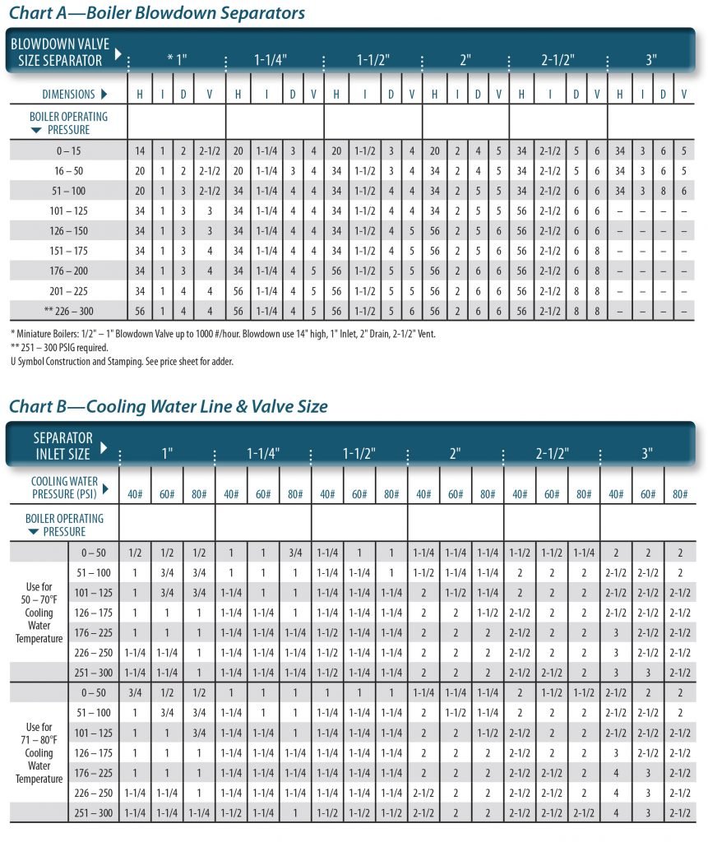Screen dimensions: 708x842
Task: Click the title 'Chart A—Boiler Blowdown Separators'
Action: coord(157,12)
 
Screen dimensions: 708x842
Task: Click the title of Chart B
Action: coord(168,406)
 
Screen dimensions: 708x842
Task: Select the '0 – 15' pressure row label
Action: coord(68,151)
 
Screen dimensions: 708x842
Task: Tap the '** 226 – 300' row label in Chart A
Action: coord(68,311)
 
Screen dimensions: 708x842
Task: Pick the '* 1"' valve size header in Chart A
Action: coord(178,59)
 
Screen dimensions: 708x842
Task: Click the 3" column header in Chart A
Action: coord(651,59)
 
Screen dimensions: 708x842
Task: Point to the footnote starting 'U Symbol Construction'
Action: coord(122,362)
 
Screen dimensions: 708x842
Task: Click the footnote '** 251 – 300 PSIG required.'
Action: coord(59,348)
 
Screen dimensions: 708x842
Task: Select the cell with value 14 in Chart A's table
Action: coord(140,151)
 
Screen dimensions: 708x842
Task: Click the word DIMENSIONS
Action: coord(68,95)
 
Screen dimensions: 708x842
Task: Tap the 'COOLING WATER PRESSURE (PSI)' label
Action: coord(64,488)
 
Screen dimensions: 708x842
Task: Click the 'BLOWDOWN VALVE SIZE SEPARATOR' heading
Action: coord(60,52)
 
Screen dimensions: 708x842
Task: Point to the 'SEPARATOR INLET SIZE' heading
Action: coord(62,446)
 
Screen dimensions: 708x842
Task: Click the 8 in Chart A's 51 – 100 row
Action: coord(663,191)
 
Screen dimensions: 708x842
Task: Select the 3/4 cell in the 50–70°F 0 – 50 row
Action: coord(295,553)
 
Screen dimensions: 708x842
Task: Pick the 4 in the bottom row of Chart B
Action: coord(616,813)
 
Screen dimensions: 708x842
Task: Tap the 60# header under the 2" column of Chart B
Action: coord(456,494)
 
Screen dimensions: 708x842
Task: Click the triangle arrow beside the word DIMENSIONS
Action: coord(104,94)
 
